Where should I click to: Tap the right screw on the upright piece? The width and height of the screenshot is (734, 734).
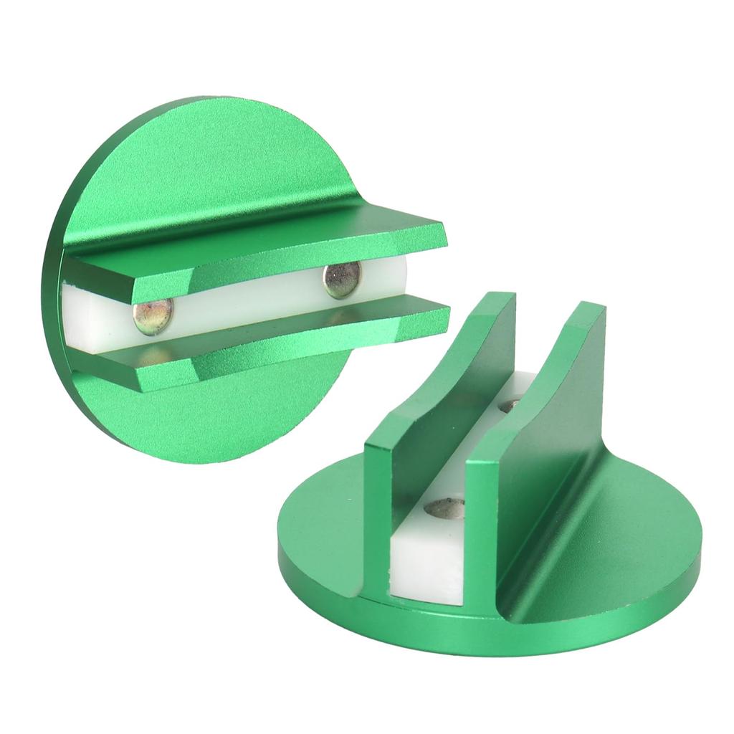pos(342,280)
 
